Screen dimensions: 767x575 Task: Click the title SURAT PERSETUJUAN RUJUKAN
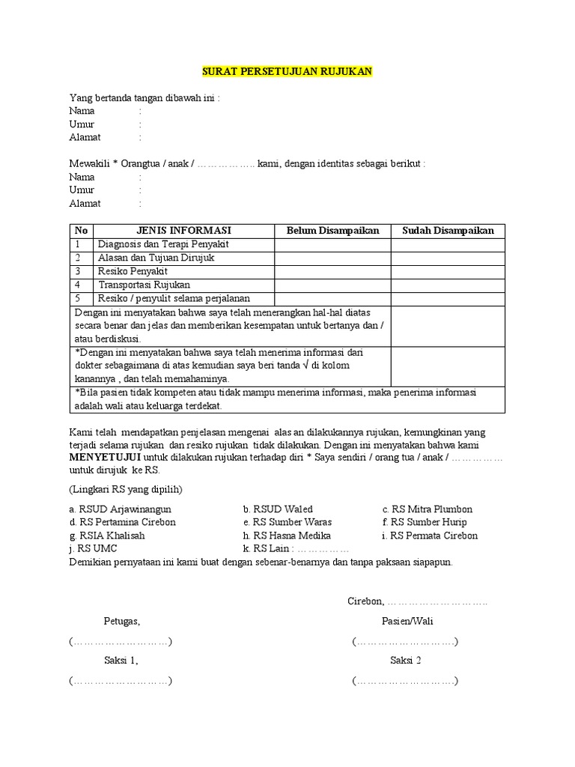click(287, 72)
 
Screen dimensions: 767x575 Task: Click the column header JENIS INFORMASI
click(183, 231)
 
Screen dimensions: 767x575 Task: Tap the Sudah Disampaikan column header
click(448, 231)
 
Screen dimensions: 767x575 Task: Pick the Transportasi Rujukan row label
click(143, 285)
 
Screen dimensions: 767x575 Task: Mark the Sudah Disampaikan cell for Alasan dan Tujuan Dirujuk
click(448, 258)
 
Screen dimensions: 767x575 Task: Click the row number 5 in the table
click(77, 298)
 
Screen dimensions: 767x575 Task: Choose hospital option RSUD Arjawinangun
click(121, 509)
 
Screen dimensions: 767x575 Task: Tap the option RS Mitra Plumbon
click(428, 509)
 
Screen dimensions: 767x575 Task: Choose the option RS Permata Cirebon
click(430, 536)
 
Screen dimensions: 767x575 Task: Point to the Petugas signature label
click(121, 621)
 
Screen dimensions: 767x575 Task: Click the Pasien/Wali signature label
click(407, 621)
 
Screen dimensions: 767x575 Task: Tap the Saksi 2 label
click(406, 661)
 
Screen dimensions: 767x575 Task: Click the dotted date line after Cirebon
click(439, 601)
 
